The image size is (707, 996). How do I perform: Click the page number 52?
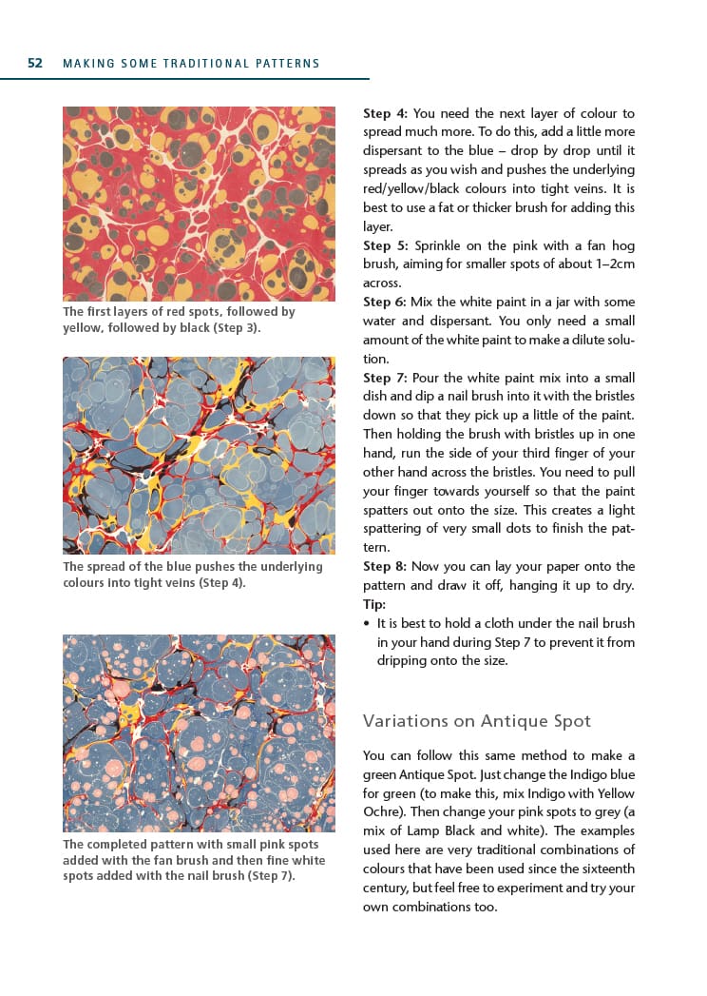click(35, 64)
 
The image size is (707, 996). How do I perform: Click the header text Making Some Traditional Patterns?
click(191, 64)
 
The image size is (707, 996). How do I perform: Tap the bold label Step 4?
click(385, 113)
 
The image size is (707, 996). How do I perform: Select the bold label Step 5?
click(385, 245)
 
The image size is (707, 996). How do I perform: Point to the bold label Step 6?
click(385, 302)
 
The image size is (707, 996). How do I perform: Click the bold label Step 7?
click(385, 378)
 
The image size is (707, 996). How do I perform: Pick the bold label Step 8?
click(385, 566)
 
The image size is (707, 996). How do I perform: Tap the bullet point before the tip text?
click(368, 624)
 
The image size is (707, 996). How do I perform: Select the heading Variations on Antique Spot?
click(477, 720)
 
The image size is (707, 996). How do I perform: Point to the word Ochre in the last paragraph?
click(382, 812)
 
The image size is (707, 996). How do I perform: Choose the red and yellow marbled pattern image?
click(199, 204)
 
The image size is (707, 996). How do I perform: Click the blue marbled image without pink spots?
click(199, 455)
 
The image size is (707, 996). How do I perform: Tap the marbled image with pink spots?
click(199, 732)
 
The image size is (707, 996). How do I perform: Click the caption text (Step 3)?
click(232, 327)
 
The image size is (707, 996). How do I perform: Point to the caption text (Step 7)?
click(270, 875)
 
